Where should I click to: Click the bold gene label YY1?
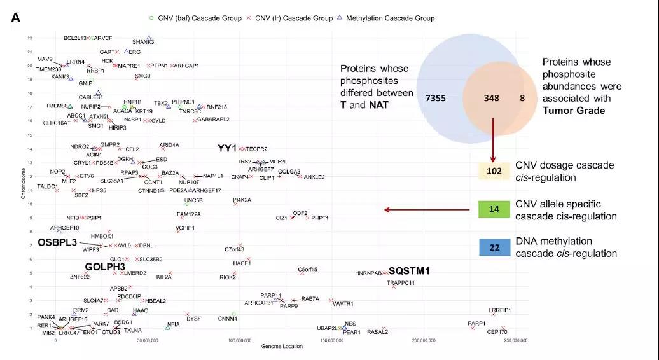tap(227, 148)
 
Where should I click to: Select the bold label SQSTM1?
tap(409, 271)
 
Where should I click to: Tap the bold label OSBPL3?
tap(57, 242)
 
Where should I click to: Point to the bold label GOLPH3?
tap(105, 267)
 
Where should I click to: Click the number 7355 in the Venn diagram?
tap(439, 99)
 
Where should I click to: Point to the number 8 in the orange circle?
tap(522, 99)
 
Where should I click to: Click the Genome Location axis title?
tap(282, 347)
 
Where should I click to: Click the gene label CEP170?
tap(497, 332)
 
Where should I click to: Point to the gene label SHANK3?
tap(143, 42)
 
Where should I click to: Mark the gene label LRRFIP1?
tap(500, 310)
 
